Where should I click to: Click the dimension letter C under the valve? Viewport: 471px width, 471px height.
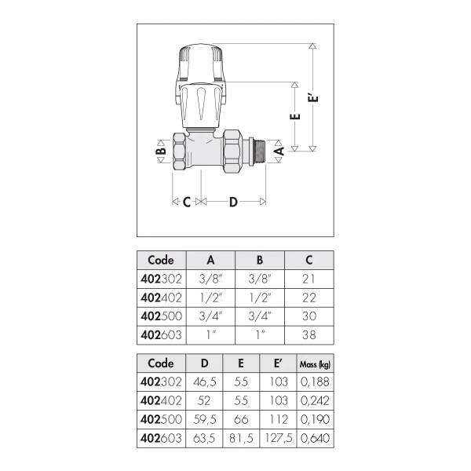click(x=187, y=203)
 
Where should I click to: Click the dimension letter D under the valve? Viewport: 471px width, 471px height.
click(x=233, y=203)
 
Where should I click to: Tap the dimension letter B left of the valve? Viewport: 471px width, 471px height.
click(x=161, y=151)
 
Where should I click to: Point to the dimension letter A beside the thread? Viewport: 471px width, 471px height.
click(x=279, y=151)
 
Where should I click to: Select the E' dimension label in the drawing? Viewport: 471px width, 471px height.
click(x=313, y=98)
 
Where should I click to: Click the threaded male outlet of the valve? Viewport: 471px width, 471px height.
click(x=259, y=151)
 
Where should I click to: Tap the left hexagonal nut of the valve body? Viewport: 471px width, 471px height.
click(x=179, y=151)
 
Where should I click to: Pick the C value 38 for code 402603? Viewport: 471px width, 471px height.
click(x=309, y=335)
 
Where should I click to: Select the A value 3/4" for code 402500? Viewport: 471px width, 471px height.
click(x=210, y=316)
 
